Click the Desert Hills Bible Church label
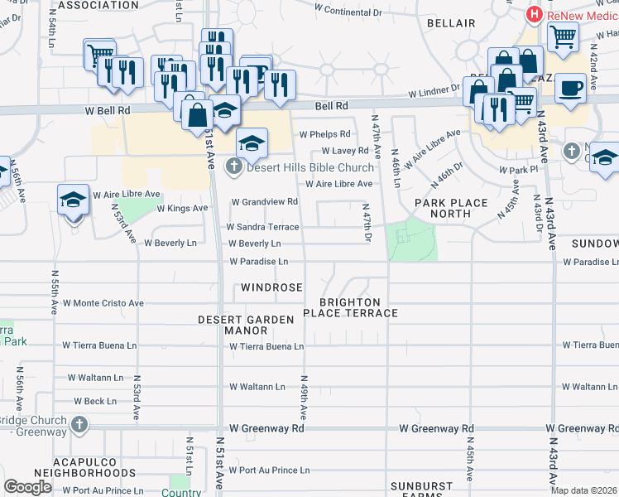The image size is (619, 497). [309, 168]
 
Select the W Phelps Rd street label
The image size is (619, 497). [325, 134]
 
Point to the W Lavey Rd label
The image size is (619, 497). [339, 151]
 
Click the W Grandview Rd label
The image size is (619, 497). [264, 201]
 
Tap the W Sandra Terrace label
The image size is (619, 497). [262, 226]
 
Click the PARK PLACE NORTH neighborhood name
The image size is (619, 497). [443, 208]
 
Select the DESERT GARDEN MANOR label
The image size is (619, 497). [246, 325]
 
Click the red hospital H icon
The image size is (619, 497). [535, 15]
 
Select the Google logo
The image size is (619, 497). [28, 487]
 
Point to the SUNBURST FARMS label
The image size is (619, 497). [422, 490]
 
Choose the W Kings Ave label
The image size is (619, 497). [182, 208]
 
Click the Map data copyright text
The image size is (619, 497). [583, 490]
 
